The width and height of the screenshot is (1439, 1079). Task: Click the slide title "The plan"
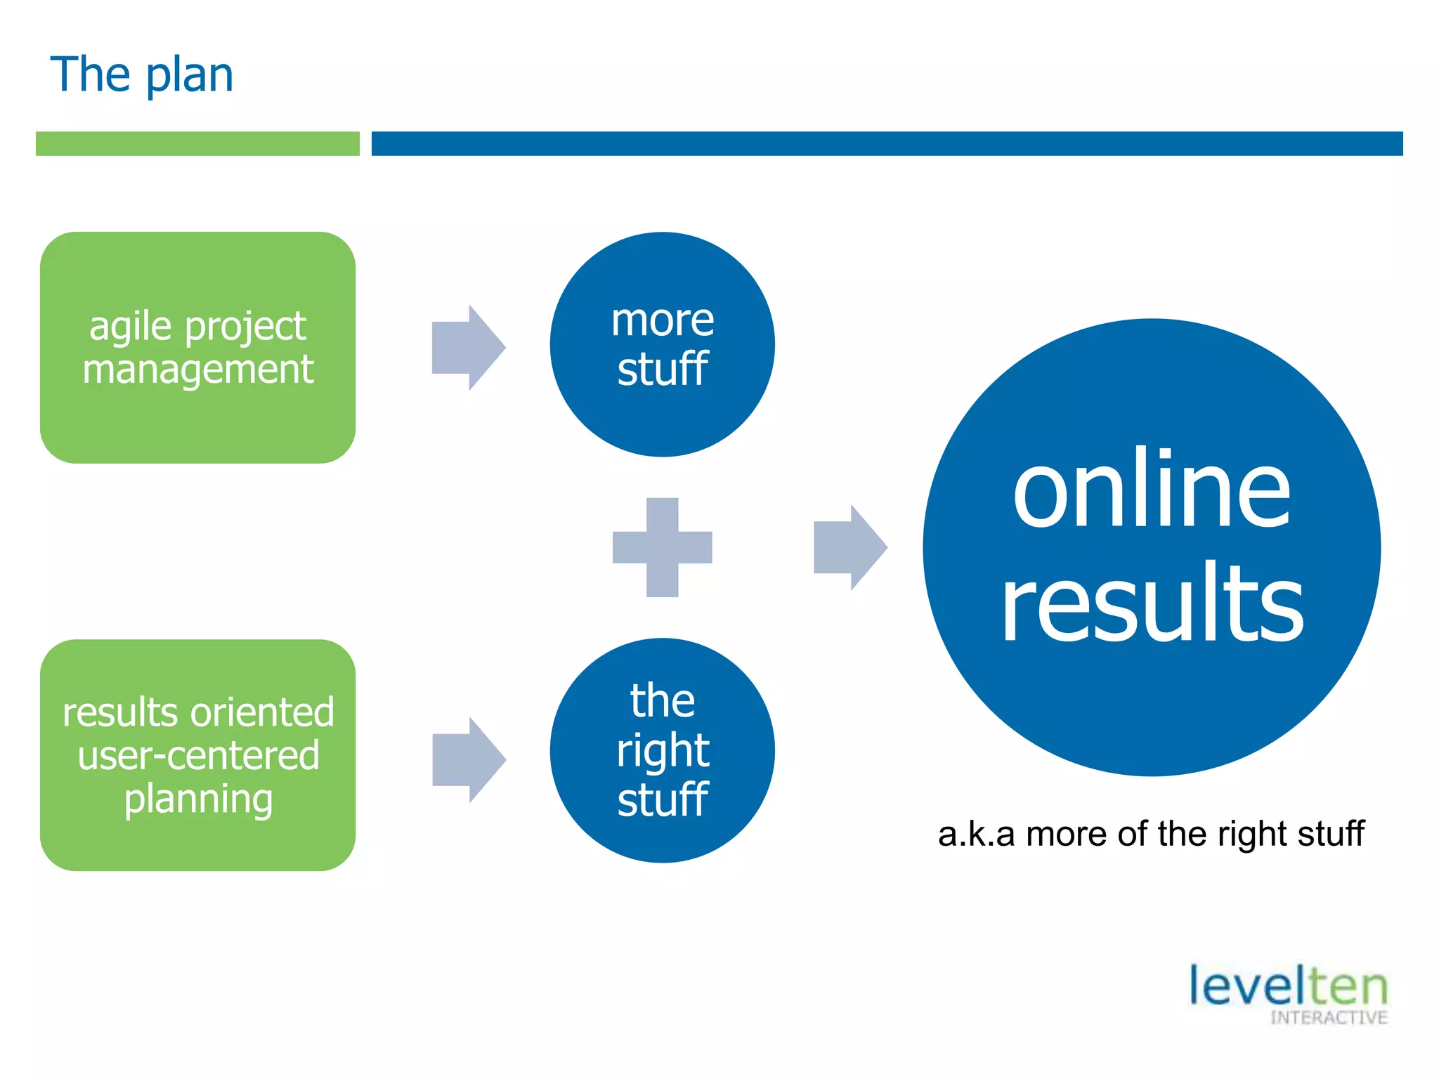pyautogui.click(x=141, y=74)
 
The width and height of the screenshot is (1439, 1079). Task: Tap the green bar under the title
pyautogui.click(x=197, y=143)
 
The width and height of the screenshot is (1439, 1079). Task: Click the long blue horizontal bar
pyautogui.click(x=887, y=143)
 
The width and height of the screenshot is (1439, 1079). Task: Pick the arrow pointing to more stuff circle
pyautogui.click(x=468, y=347)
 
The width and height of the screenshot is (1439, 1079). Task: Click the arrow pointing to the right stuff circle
pyautogui.click(x=468, y=759)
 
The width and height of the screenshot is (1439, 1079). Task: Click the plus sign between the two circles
pyautogui.click(x=662, y=547)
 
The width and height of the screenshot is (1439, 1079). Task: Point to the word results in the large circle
pyautogui.click(x=1152, y=602)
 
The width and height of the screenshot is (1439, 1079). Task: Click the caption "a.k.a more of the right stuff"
pyautogui.click(x=1150, y=834)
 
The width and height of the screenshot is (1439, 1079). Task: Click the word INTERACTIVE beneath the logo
pyautogui.click(x=1328, y=1018)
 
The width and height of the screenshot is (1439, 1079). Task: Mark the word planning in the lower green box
pyautogui.click(x=198, y=799)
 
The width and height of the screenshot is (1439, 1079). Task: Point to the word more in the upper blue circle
pyautogui.click(x=662, y=320)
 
